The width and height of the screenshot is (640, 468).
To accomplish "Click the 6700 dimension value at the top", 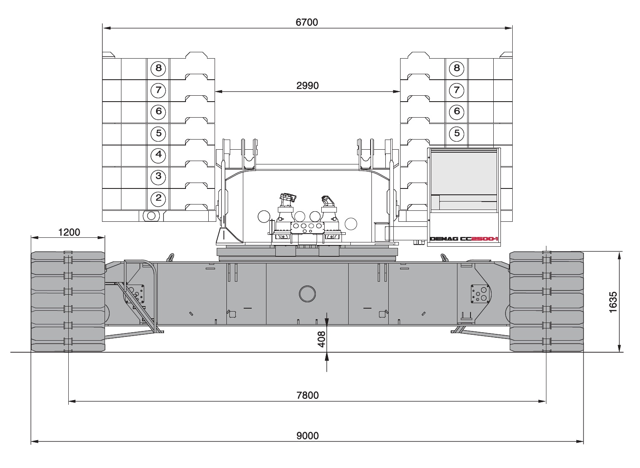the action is point(307,22).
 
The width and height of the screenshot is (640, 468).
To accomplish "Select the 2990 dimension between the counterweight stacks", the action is point(307,86).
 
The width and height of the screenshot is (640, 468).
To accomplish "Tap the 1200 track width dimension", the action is point(69,232).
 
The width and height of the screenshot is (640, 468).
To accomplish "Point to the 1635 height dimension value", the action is point(613,302).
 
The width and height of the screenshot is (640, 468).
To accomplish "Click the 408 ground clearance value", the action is point(322,339).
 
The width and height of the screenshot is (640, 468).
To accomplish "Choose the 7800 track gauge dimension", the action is point(307,395).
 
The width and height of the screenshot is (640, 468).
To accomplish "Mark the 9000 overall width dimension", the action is point(307,436).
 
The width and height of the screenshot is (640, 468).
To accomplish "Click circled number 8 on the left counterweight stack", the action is point(158,69).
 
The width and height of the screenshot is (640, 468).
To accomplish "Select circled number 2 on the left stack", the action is point(158,198).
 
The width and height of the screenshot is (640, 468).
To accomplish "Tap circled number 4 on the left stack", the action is point(158,155).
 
